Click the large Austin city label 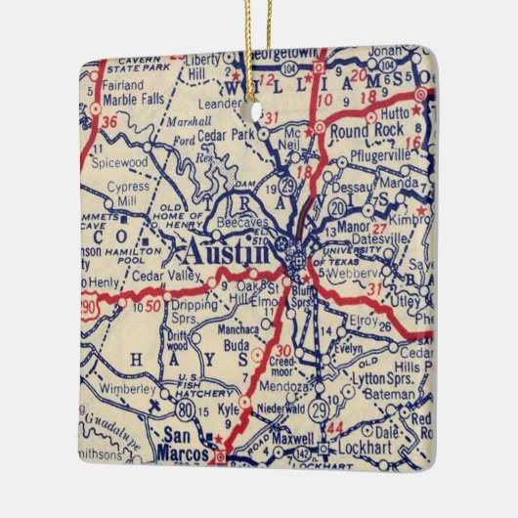point(226,253)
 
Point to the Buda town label point(238,345)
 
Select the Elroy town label point(362,320)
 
